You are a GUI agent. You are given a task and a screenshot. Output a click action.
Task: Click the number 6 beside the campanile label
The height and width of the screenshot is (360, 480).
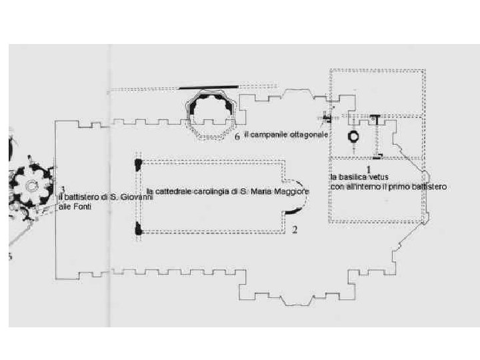pyautogui.click(x=237, y=138)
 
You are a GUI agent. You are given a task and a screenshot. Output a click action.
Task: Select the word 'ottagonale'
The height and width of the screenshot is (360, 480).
pyautogui.click(x=306, y=135)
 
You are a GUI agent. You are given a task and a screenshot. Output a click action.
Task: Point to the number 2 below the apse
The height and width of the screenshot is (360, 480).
pyautogui.click(x=294, y=231)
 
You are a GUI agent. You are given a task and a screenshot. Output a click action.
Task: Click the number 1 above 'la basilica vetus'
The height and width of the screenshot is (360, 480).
pyautogui.click(x=368, y=169)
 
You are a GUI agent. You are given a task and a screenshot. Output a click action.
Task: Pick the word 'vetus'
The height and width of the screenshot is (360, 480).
pyautogui.click(x=377, y=177)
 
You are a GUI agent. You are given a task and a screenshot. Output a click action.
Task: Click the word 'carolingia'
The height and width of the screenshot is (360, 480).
pyautogui.click(x=202, y=192)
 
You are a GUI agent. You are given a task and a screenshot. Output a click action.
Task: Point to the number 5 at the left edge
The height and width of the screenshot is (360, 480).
pyautogui.click(x=10, y=258)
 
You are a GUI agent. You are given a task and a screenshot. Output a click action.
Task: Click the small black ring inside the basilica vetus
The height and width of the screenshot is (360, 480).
pyautogui.click(x=353, y=136)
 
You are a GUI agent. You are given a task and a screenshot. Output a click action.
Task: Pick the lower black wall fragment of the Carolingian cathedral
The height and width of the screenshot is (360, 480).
pyautogui.click(x=139, y=229)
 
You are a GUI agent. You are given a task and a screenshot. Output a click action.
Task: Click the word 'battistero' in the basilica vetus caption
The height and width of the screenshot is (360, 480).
pyautogui.click(x=430, y=187)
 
